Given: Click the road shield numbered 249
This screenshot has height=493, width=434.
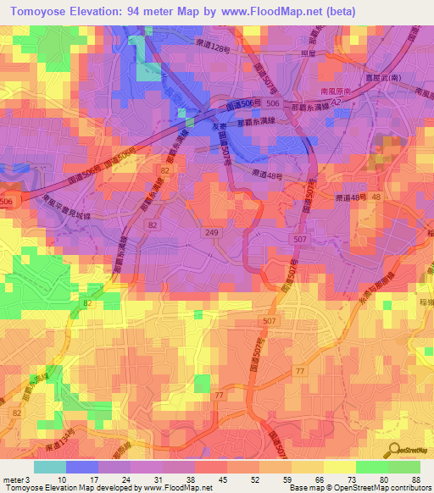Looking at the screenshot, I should [x=210, y=231].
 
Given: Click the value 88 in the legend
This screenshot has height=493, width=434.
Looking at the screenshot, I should [x=415, y=479].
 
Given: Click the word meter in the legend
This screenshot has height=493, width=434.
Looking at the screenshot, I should [x=12, y=479].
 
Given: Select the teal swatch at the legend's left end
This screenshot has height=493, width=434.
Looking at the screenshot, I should [x=49, y=467].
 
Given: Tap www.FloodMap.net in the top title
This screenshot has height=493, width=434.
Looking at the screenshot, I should [x=267, y=11].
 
